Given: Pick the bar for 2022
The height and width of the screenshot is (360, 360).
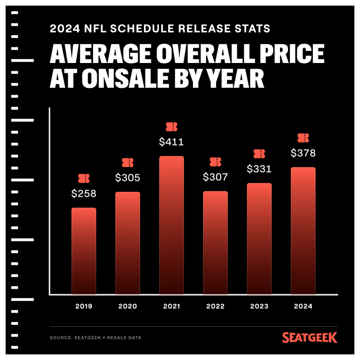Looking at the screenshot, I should point(215,243).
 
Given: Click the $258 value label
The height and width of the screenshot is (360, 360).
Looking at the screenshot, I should point(84,194).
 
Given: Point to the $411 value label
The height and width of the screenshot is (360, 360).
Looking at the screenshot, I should point(171,142).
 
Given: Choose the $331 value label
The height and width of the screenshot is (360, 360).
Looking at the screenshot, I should point(259,169).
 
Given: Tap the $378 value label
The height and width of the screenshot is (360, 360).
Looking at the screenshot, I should point(303,153).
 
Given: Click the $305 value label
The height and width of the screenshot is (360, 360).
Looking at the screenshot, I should point(128,178).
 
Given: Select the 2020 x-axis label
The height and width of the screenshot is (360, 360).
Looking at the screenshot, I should point(128,306).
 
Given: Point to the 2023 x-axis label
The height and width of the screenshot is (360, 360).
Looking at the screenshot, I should point(259,306).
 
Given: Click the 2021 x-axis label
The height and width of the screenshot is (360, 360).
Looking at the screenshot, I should point(171,306).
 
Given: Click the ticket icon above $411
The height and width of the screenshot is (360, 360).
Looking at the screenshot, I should point(171,126).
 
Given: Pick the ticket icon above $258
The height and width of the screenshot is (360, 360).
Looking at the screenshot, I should point(84,178).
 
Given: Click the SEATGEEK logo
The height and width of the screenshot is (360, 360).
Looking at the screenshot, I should point(310,337).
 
